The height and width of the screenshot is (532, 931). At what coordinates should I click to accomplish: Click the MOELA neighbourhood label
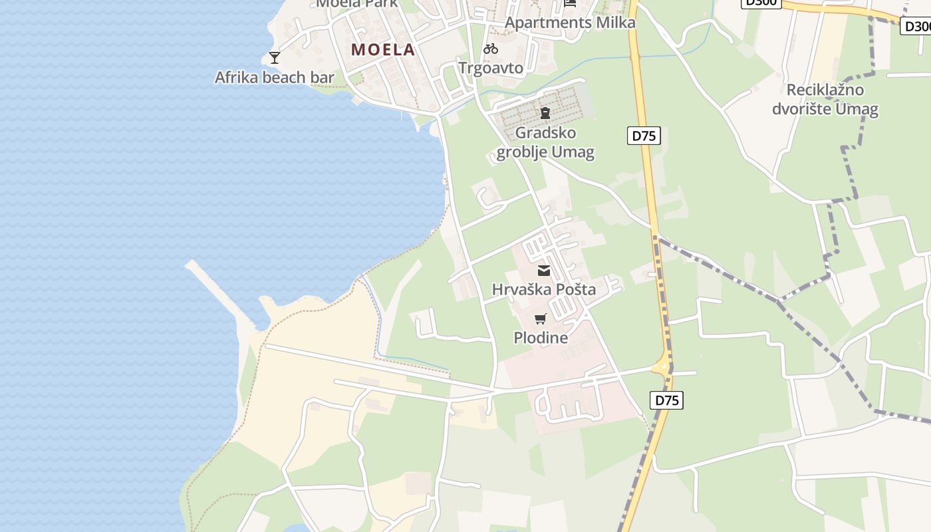coord(383,49)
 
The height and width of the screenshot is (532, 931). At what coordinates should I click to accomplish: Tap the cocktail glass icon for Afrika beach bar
coord(274,58)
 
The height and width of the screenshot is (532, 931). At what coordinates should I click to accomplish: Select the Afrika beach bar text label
coord(274,77)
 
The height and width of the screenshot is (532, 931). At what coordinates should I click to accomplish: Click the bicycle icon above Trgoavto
coord(491,49)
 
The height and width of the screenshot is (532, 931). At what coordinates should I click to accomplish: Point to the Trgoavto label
coord(491,68)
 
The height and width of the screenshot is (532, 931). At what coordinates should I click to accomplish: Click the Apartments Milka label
coord(570,23)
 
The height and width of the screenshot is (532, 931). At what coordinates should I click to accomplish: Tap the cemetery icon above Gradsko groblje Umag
coord(545,113)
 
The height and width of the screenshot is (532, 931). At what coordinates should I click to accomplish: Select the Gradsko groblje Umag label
coord(545,142)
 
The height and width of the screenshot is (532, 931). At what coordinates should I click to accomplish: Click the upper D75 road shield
coord(644,136)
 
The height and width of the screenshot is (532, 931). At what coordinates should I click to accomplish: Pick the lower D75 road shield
coord(666,400)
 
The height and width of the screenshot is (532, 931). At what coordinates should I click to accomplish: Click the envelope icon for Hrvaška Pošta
coord(544,271)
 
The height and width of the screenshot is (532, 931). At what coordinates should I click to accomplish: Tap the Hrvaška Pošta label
coord(544,289)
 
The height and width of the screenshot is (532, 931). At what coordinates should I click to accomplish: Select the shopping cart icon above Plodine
coord(540,319)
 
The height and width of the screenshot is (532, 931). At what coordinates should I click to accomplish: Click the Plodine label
coord(541,338)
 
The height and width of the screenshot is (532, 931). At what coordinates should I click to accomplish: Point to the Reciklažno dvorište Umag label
coord(825,99)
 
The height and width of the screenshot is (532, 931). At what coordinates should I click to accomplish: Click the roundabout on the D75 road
coord(662,366)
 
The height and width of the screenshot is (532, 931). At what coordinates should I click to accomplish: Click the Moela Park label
coord(357,3)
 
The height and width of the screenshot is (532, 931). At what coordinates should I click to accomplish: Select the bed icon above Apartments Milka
coord(570,3)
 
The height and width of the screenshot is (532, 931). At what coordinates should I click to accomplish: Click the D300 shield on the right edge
coord(916,26)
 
